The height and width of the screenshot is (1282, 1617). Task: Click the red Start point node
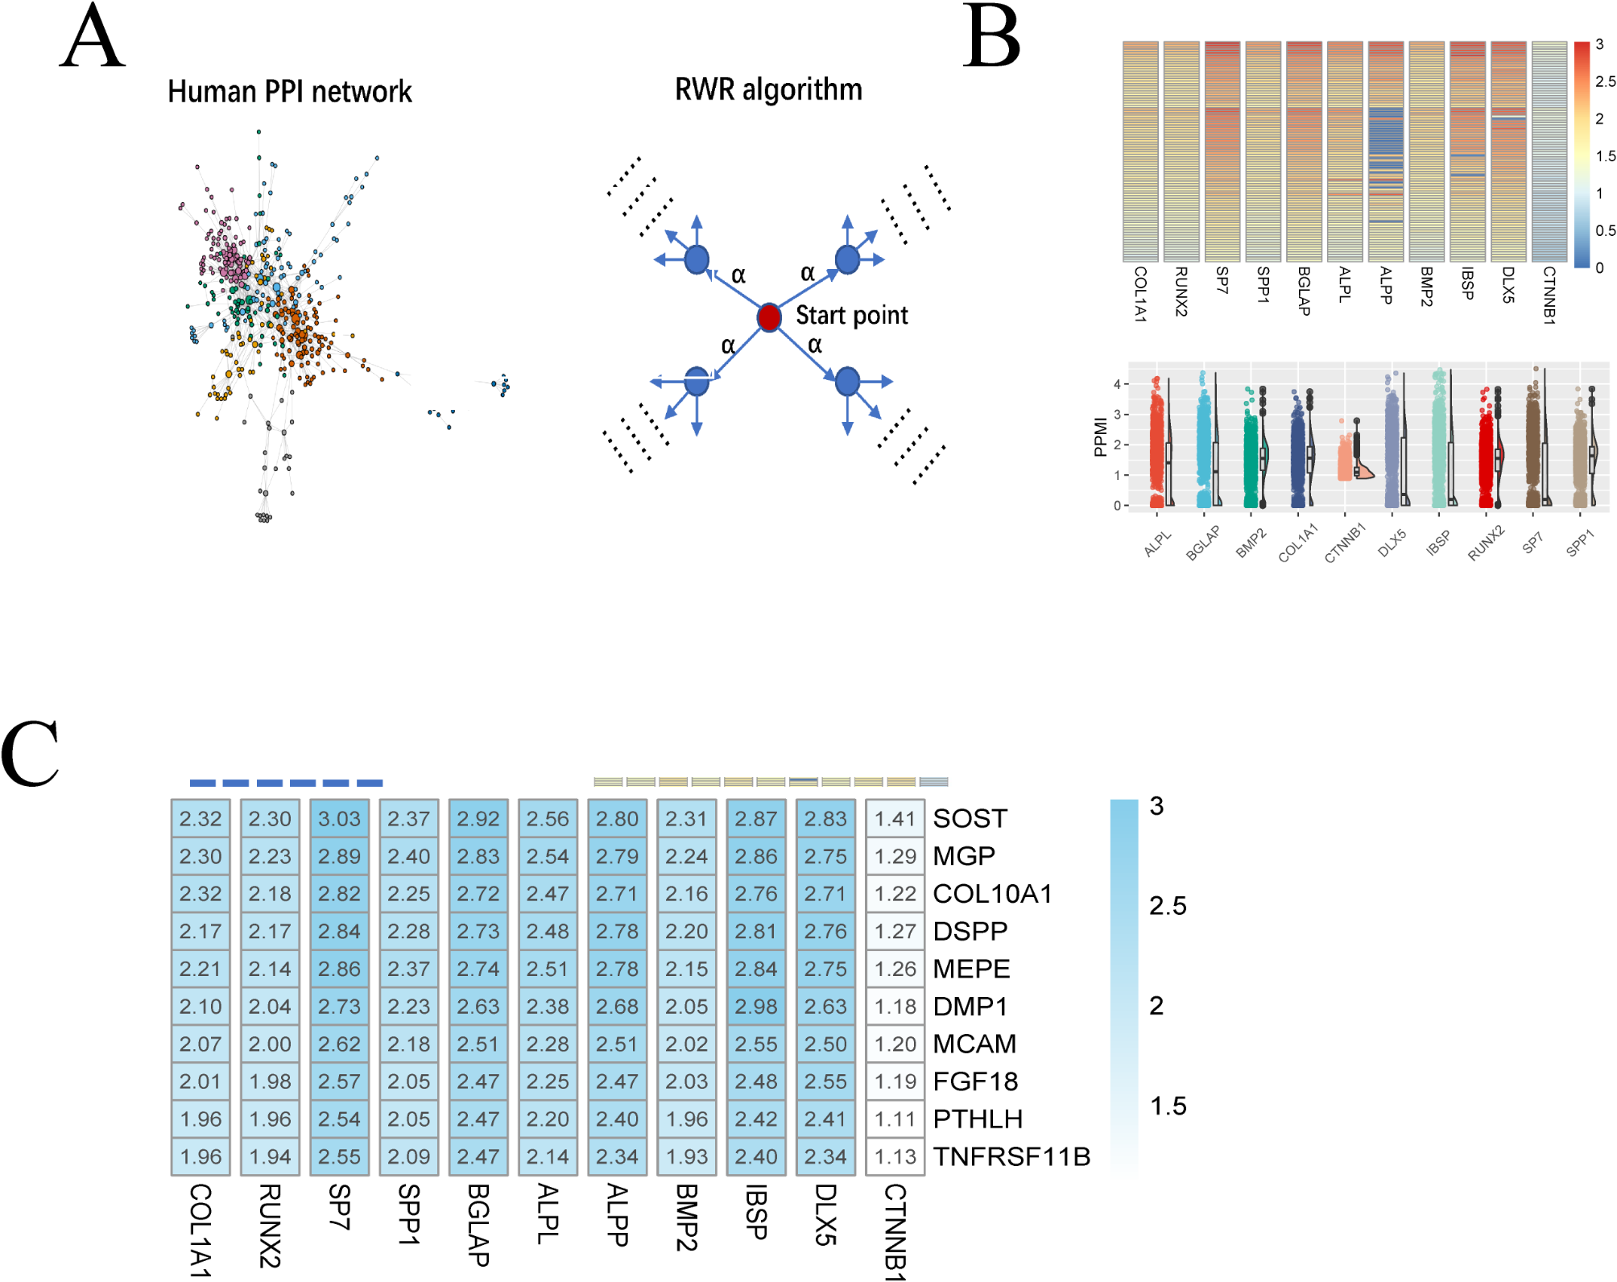click(x=769, y=317)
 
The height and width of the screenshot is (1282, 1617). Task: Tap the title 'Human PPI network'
click(x=289, y=92)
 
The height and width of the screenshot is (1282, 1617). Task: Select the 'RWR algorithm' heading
click(x=768, y=89)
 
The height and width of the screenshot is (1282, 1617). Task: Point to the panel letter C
click(x=30, y=753)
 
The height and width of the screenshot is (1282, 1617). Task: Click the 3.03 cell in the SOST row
click(x=339, y=819)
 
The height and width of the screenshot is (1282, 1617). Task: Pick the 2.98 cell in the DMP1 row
click(x=755, y=1007)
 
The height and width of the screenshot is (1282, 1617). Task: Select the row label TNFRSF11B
click(x=1011, y=1156)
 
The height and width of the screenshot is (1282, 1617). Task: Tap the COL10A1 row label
click(x=992, y=894)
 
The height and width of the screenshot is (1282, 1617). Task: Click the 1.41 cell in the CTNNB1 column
click(x=895, y=819)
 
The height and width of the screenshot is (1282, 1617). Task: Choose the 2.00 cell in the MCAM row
click(x=270, y=1044)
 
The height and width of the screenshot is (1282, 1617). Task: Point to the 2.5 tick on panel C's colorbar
click(x=1168, y=906)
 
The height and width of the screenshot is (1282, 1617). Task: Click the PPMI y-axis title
click(x=1100, y=437)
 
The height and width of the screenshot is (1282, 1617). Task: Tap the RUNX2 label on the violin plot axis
click(x=1486, y=543)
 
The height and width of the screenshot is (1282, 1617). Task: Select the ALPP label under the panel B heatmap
click(x=1385, y=285)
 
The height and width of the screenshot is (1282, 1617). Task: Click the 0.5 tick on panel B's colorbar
click(x=1605, y=231)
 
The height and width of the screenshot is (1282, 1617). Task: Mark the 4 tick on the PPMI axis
click(x=1117, y=384)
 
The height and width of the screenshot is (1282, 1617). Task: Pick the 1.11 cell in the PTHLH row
click(x=895, y=1119)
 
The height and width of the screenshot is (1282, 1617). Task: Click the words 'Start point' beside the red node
click(x=851, y=316)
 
